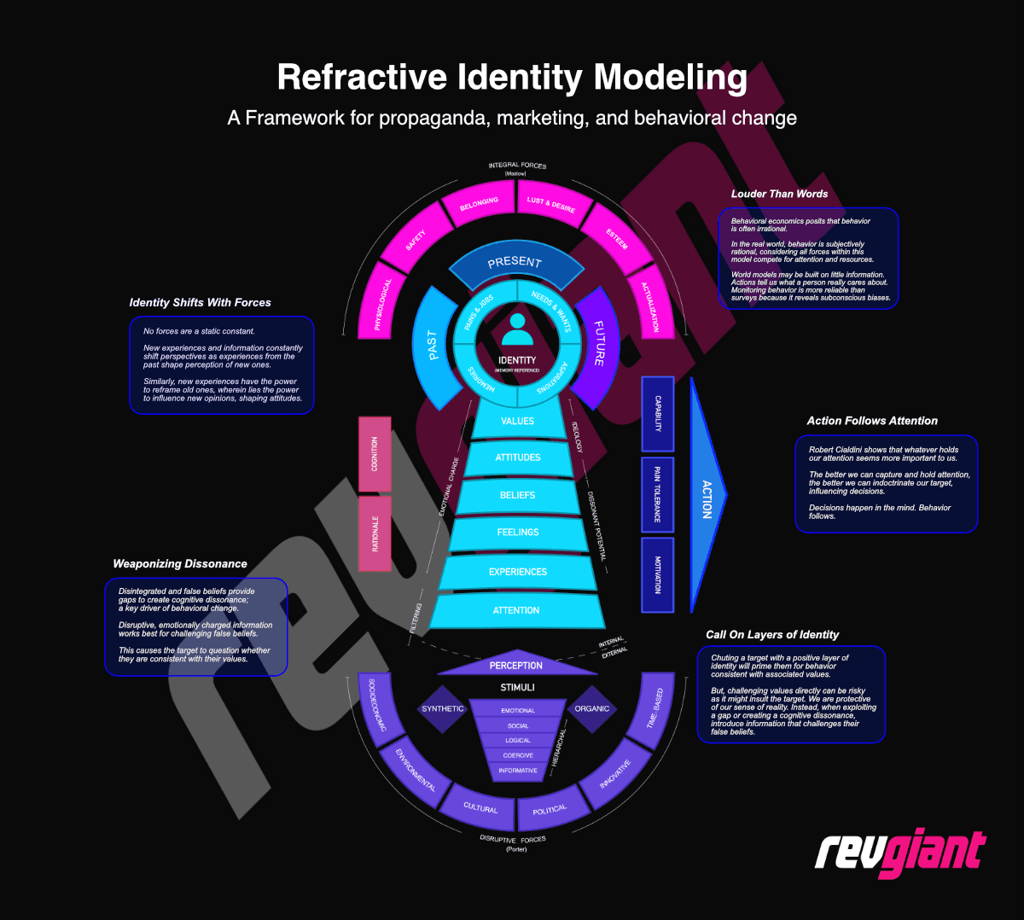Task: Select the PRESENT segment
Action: [515, 265]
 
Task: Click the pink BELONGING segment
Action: [479, 205]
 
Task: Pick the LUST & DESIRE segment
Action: [551, 205]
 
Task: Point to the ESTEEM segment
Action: [617, 238]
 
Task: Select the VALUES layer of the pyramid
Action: [517, 422]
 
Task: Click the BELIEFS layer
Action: [517, 496]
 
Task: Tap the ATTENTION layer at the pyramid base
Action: [516, 611]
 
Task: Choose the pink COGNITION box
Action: [375, 454]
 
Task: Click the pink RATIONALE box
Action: [375, 533]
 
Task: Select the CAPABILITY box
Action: [657, 413]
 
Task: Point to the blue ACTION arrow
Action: [706, 498]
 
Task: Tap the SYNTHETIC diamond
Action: [443, 709]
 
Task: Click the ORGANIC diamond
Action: [592, 709]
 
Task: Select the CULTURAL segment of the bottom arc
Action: [480, 807]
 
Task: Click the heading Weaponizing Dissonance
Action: [180, 564]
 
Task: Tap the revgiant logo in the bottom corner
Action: [899, 852]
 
